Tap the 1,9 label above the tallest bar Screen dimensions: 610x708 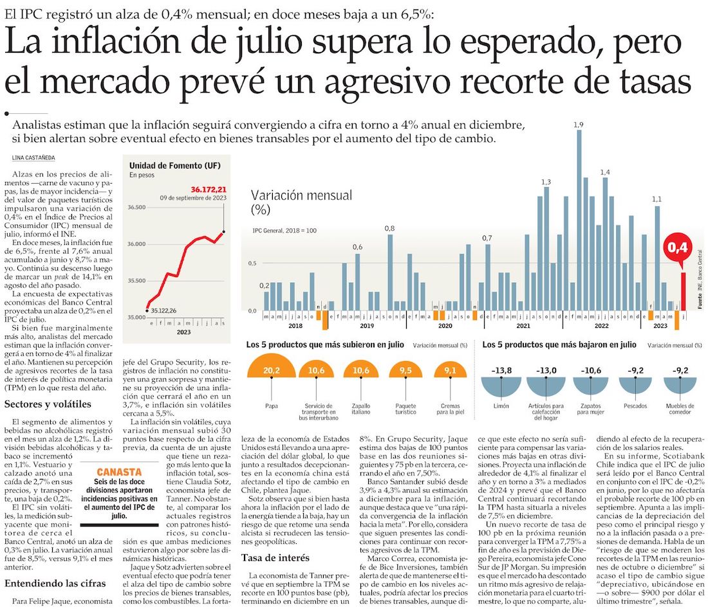pyautogui.click(x=579, y=124)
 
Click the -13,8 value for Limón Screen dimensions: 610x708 pyautogui.click(x=501, y=370)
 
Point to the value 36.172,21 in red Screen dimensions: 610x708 pyautogui.click(x=209, y=189)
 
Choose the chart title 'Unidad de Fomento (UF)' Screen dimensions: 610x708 pyautogui.click(x=174, y=165)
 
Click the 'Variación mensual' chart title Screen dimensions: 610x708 pyautogui.click(x=301, y=195)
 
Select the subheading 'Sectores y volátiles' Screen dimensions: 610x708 pyautogui.click(x=48, y=404)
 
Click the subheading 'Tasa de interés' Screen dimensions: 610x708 pyautogui.click(x=275, y=558)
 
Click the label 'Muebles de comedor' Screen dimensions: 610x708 pyautogui.click(x=680, y=409)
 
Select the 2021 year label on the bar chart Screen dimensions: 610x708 pyautogui.click(x=522, y=327)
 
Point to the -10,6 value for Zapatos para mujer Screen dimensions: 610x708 pyautogui.click(x=591, y=370)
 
